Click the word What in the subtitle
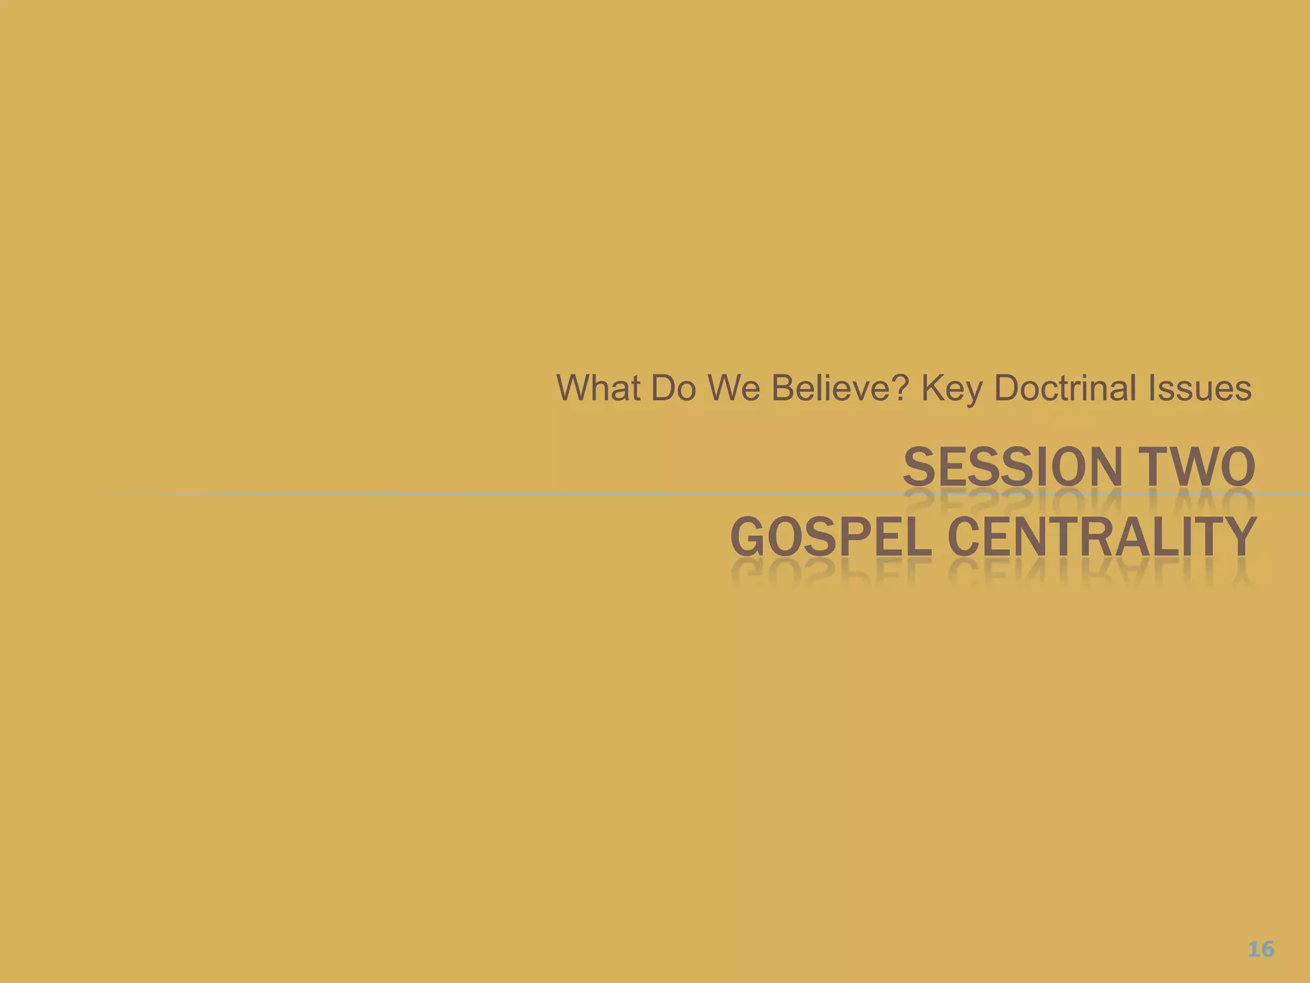(597, 388)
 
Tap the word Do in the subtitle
(674, 388)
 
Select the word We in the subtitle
(734, 388)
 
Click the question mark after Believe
(901, 388)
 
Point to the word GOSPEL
(830, 537)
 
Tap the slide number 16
(1261, 948)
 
